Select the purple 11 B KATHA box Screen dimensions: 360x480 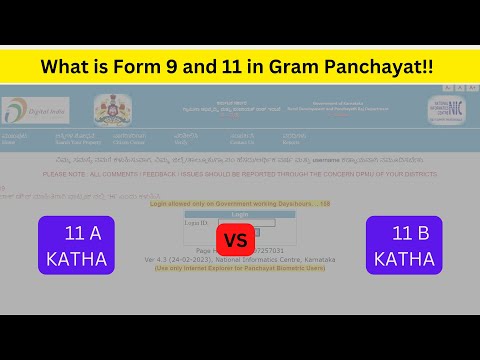404,245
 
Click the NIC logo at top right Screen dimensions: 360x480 445,110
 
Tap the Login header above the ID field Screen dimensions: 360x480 240,213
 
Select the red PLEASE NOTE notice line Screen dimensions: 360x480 239,174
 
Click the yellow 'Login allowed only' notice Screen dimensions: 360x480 240,203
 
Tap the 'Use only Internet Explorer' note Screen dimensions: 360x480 240,268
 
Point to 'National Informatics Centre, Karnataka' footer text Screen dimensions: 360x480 276,260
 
